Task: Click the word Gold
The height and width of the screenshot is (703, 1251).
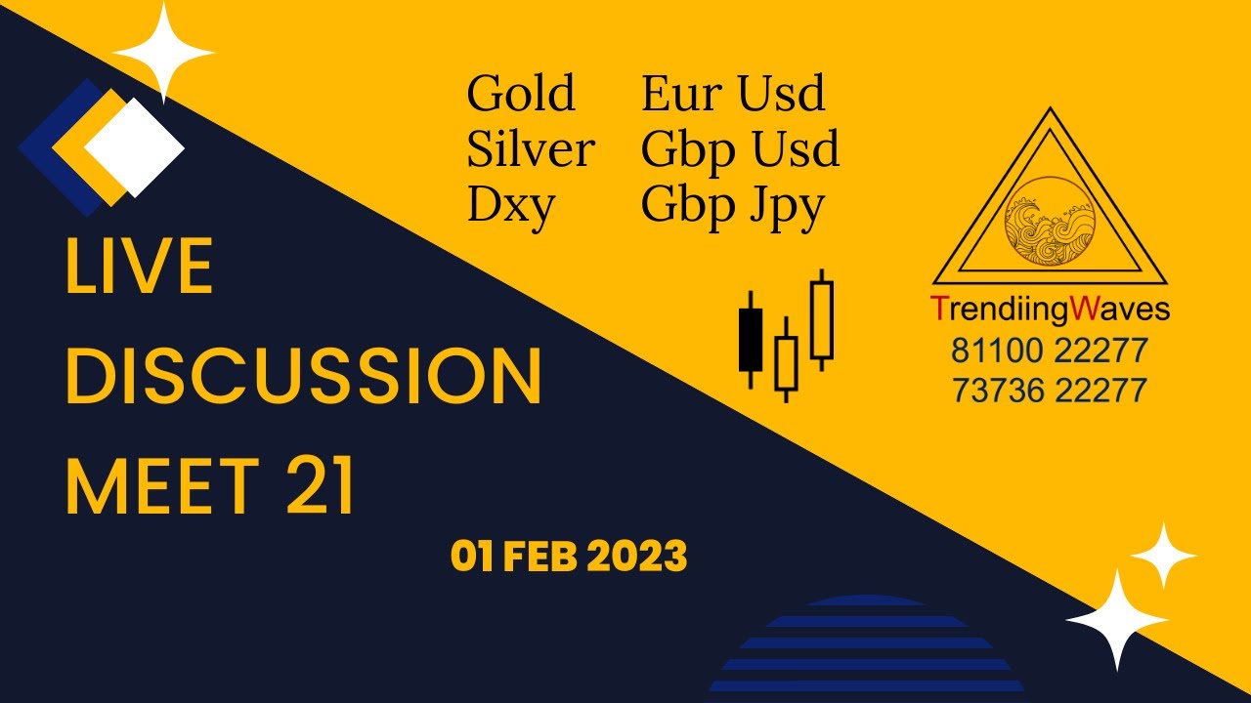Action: (x=521, y=94)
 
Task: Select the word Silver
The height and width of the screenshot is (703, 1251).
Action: (x=531, y=149)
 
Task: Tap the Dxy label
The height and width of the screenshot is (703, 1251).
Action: (x=511, y=206)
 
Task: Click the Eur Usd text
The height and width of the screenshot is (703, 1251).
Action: (x=733, y=94)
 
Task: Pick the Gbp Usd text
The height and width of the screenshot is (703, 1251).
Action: (x=740, y=149)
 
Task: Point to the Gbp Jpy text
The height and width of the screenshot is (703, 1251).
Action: (x=733, y=206)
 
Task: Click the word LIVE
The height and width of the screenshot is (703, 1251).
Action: (x=139, y=268)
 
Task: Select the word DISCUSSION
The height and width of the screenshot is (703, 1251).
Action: (x=303, y=378)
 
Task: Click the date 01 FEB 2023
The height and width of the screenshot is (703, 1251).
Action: (x=569, y=557)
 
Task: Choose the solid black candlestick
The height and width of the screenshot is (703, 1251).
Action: (x=751, y=339)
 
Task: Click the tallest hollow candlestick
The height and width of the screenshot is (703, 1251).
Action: (x=822, y=319)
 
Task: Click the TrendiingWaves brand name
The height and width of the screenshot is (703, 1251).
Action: (x=1050, y=310)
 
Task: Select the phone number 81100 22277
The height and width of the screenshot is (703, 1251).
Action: (x=1050, y=350)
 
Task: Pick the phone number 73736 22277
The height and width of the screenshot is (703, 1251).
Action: (x=1050, y=391)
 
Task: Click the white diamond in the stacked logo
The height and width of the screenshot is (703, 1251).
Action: (x=135, y=147)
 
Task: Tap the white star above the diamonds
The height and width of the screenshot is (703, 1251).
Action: (x=162, y=50)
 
